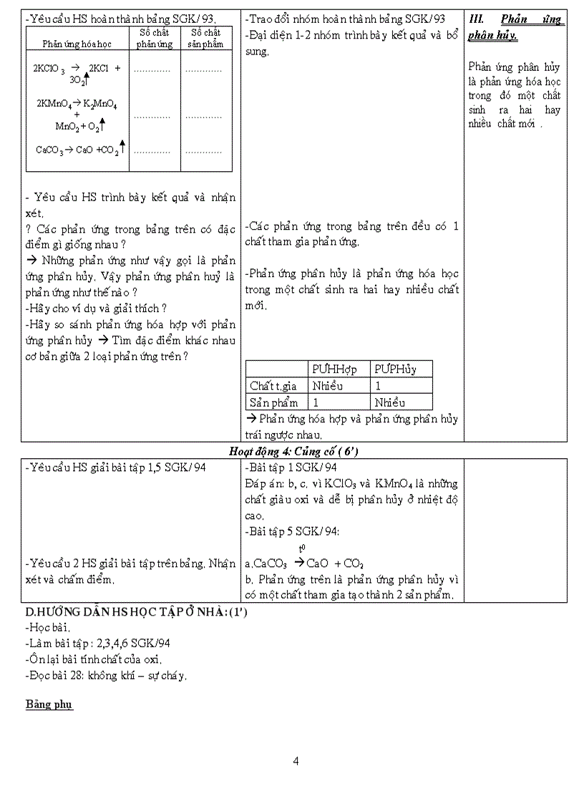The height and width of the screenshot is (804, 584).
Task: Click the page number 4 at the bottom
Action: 296,761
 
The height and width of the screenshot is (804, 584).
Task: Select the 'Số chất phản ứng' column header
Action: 155,39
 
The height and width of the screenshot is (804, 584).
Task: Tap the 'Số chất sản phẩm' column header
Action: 206,39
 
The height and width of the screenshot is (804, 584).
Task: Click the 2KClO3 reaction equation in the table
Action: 77,74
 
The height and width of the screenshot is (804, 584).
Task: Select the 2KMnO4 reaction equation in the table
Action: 77,115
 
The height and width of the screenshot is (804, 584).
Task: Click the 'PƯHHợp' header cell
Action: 334,369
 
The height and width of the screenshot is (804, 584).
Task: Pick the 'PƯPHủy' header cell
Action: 394,369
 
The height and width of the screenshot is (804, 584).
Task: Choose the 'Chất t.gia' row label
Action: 273,386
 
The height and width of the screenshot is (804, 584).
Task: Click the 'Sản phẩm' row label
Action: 273,402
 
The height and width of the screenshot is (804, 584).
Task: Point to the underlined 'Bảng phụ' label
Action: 49,704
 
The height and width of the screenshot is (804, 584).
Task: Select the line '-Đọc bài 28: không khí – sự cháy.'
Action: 106,674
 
